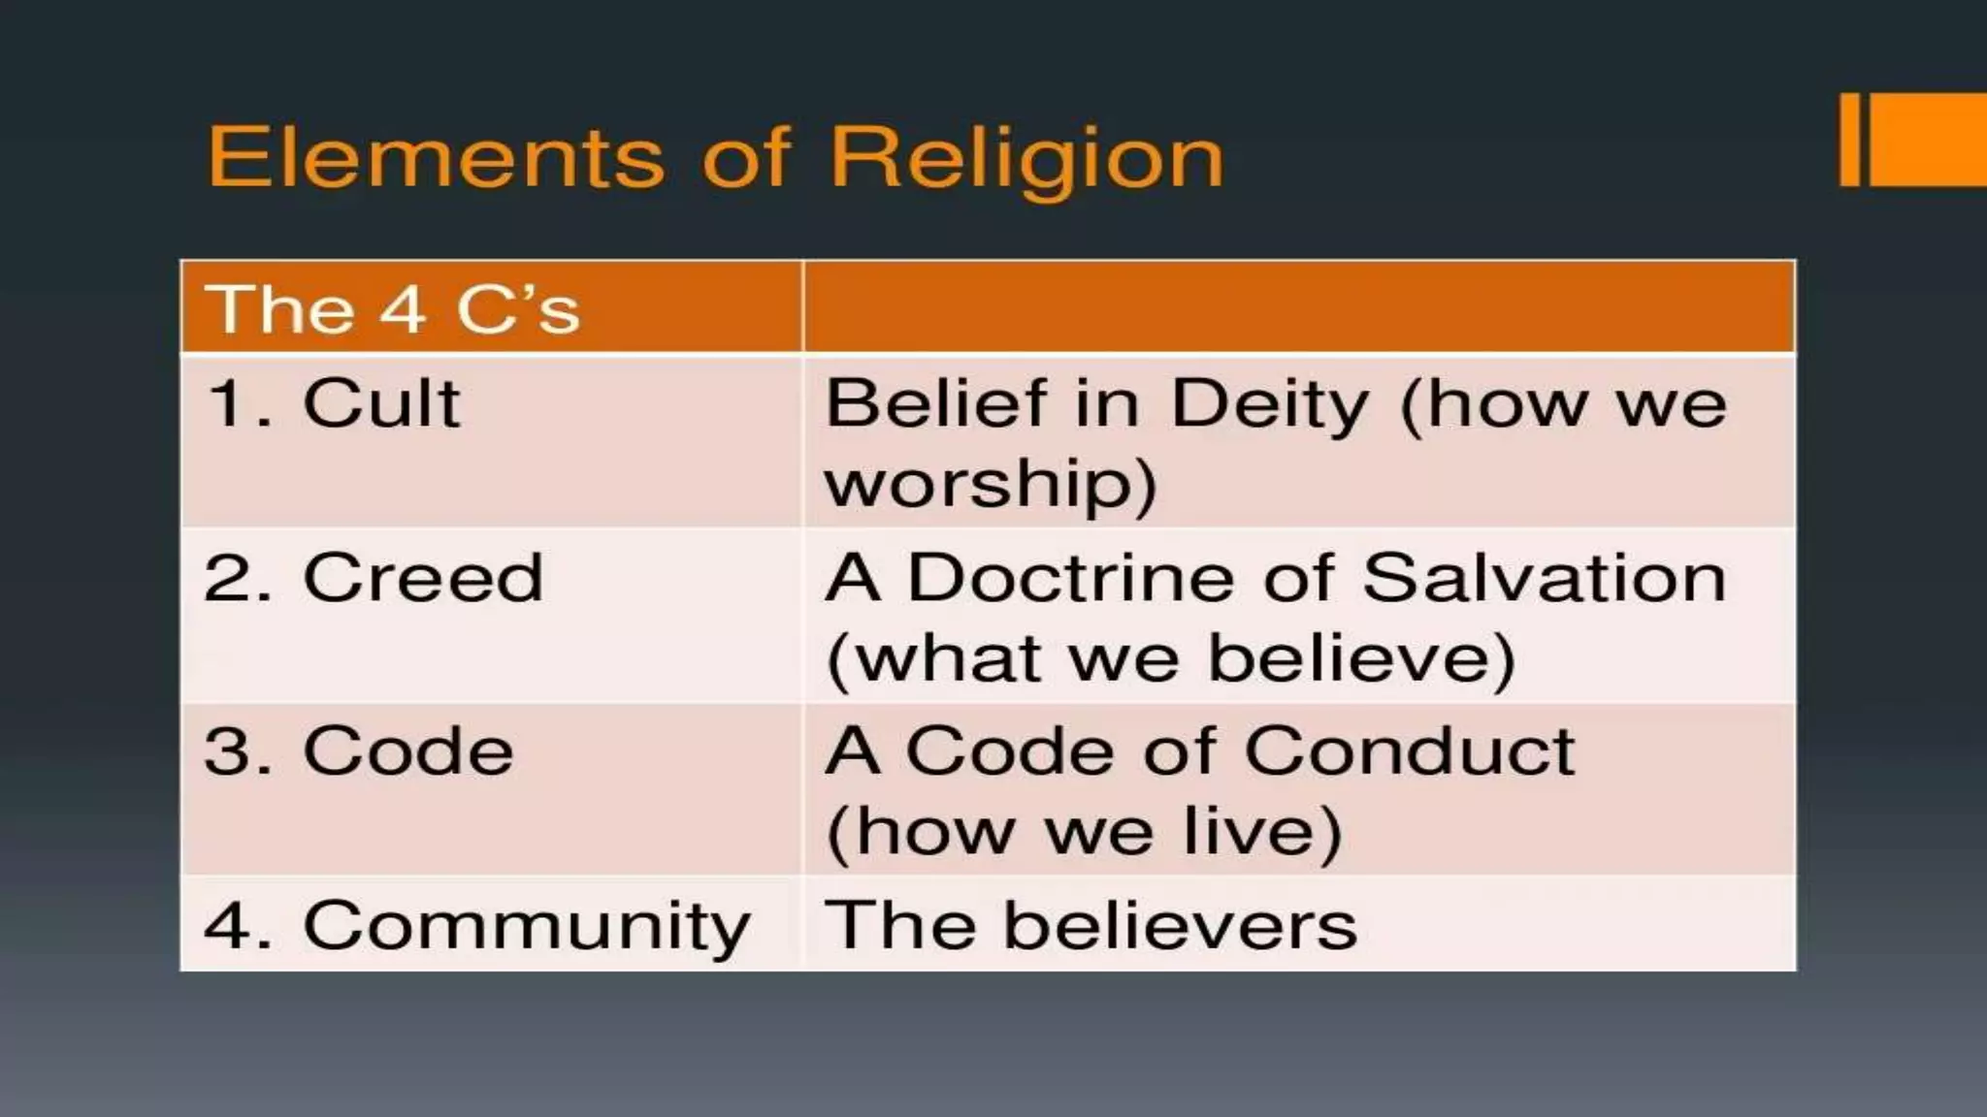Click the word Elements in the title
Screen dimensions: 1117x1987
[x=437, y=157]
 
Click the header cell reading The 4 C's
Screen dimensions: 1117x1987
[x=392, y=309]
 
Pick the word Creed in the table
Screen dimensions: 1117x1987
[x=423, y=578]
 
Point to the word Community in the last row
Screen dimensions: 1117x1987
[x=527, y=926]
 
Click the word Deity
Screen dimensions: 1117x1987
[x=1270, y=404]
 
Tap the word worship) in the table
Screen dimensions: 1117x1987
[x=991, y=484]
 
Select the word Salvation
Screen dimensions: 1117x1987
[x=1545, y=578]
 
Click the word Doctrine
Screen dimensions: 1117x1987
[x=1071, y=578]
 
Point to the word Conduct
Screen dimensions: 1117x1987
[x=1410, y=751]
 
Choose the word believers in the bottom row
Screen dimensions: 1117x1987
[x=1180, y=925]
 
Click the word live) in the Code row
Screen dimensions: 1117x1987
[x=1262, y=832]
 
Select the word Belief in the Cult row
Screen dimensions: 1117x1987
[x=935, y=402]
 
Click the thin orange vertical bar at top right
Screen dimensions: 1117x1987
[x=1849, y=140]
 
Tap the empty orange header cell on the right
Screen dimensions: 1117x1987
[x=1299, y=306]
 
